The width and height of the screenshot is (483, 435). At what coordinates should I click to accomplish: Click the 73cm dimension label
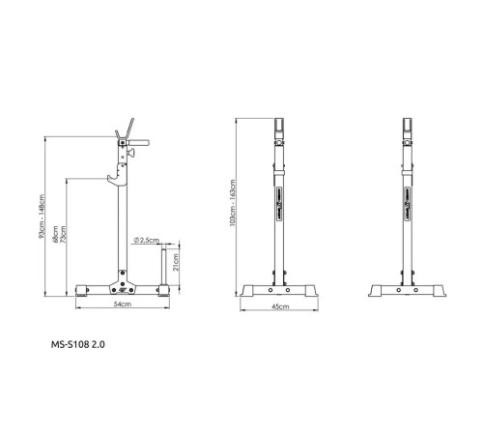65,235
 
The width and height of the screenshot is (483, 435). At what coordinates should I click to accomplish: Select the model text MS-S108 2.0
78,343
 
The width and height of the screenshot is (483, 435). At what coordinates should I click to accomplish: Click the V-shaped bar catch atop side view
126,130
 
